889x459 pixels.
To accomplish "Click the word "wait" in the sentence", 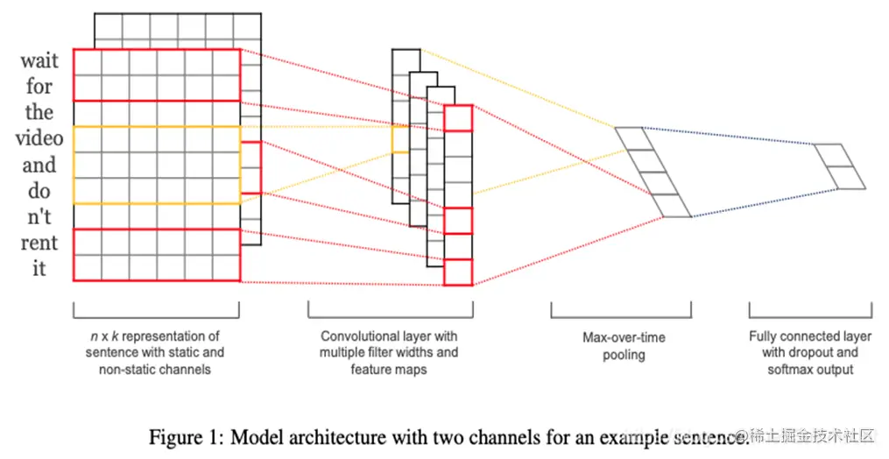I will pyautogui.click(x=39, y=61).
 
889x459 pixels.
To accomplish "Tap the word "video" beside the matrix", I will pyautogui.click(x=39, y=139).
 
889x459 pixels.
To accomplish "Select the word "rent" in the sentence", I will pyautogui.click(x=39, y=243).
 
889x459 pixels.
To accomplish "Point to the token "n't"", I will pyautogui.click(x=39, y=216).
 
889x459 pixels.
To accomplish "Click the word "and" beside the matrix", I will pyautogui.click(x=39, y=166).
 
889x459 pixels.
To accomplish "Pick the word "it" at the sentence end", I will pyautogui.click(x=39, y=268).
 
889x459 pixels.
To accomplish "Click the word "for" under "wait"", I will pyautogui.click(x=39, y=87).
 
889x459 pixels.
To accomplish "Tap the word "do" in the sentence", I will pyautogui.click(x=39, y=191).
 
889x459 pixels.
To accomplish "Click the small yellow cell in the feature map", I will pyautogui.click(x=399, y=140).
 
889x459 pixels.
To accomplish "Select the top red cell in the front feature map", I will pyautogui.click(x=458, y=118).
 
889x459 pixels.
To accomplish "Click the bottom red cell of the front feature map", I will pyautogui.click(x=458, y=272).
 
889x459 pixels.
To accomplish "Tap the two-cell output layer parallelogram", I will pyautogui.click(x=840, y=166).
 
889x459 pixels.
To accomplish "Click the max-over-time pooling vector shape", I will pyautogui.click(x=653, y=173).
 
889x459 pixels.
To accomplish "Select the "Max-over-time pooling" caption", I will pyautogui.click(x=624, y=346).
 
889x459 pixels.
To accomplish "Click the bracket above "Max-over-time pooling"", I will pyautogui.click(x=620, y=312).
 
